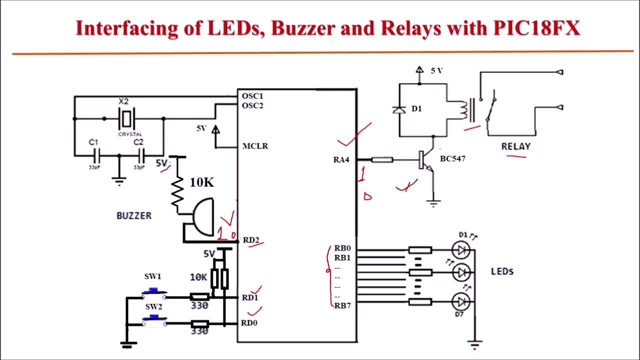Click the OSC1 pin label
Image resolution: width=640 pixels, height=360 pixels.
[x=252, y=96]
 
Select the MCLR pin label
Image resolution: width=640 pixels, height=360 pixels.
[x=255, y=146]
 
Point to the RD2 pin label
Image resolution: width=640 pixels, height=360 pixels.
[x=251, y=240]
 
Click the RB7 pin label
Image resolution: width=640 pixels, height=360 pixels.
[x=343, y=305]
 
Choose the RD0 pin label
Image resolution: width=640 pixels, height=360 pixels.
[x=249, y=323]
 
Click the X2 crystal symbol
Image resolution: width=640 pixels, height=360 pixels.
[x=127, y=119]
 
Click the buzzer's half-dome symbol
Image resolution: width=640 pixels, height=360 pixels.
[x=203, y=217]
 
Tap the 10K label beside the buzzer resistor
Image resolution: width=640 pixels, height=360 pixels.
[x=202, y=182]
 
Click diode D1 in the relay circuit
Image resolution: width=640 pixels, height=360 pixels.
[x=399, y=110]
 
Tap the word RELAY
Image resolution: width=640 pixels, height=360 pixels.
[x=515, y=146]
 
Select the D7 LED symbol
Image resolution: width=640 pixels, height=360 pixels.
[x=460, y=301]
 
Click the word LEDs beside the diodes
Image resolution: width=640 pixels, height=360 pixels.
[x=502, y=271]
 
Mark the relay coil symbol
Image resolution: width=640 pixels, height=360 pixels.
[x=463, y=110]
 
